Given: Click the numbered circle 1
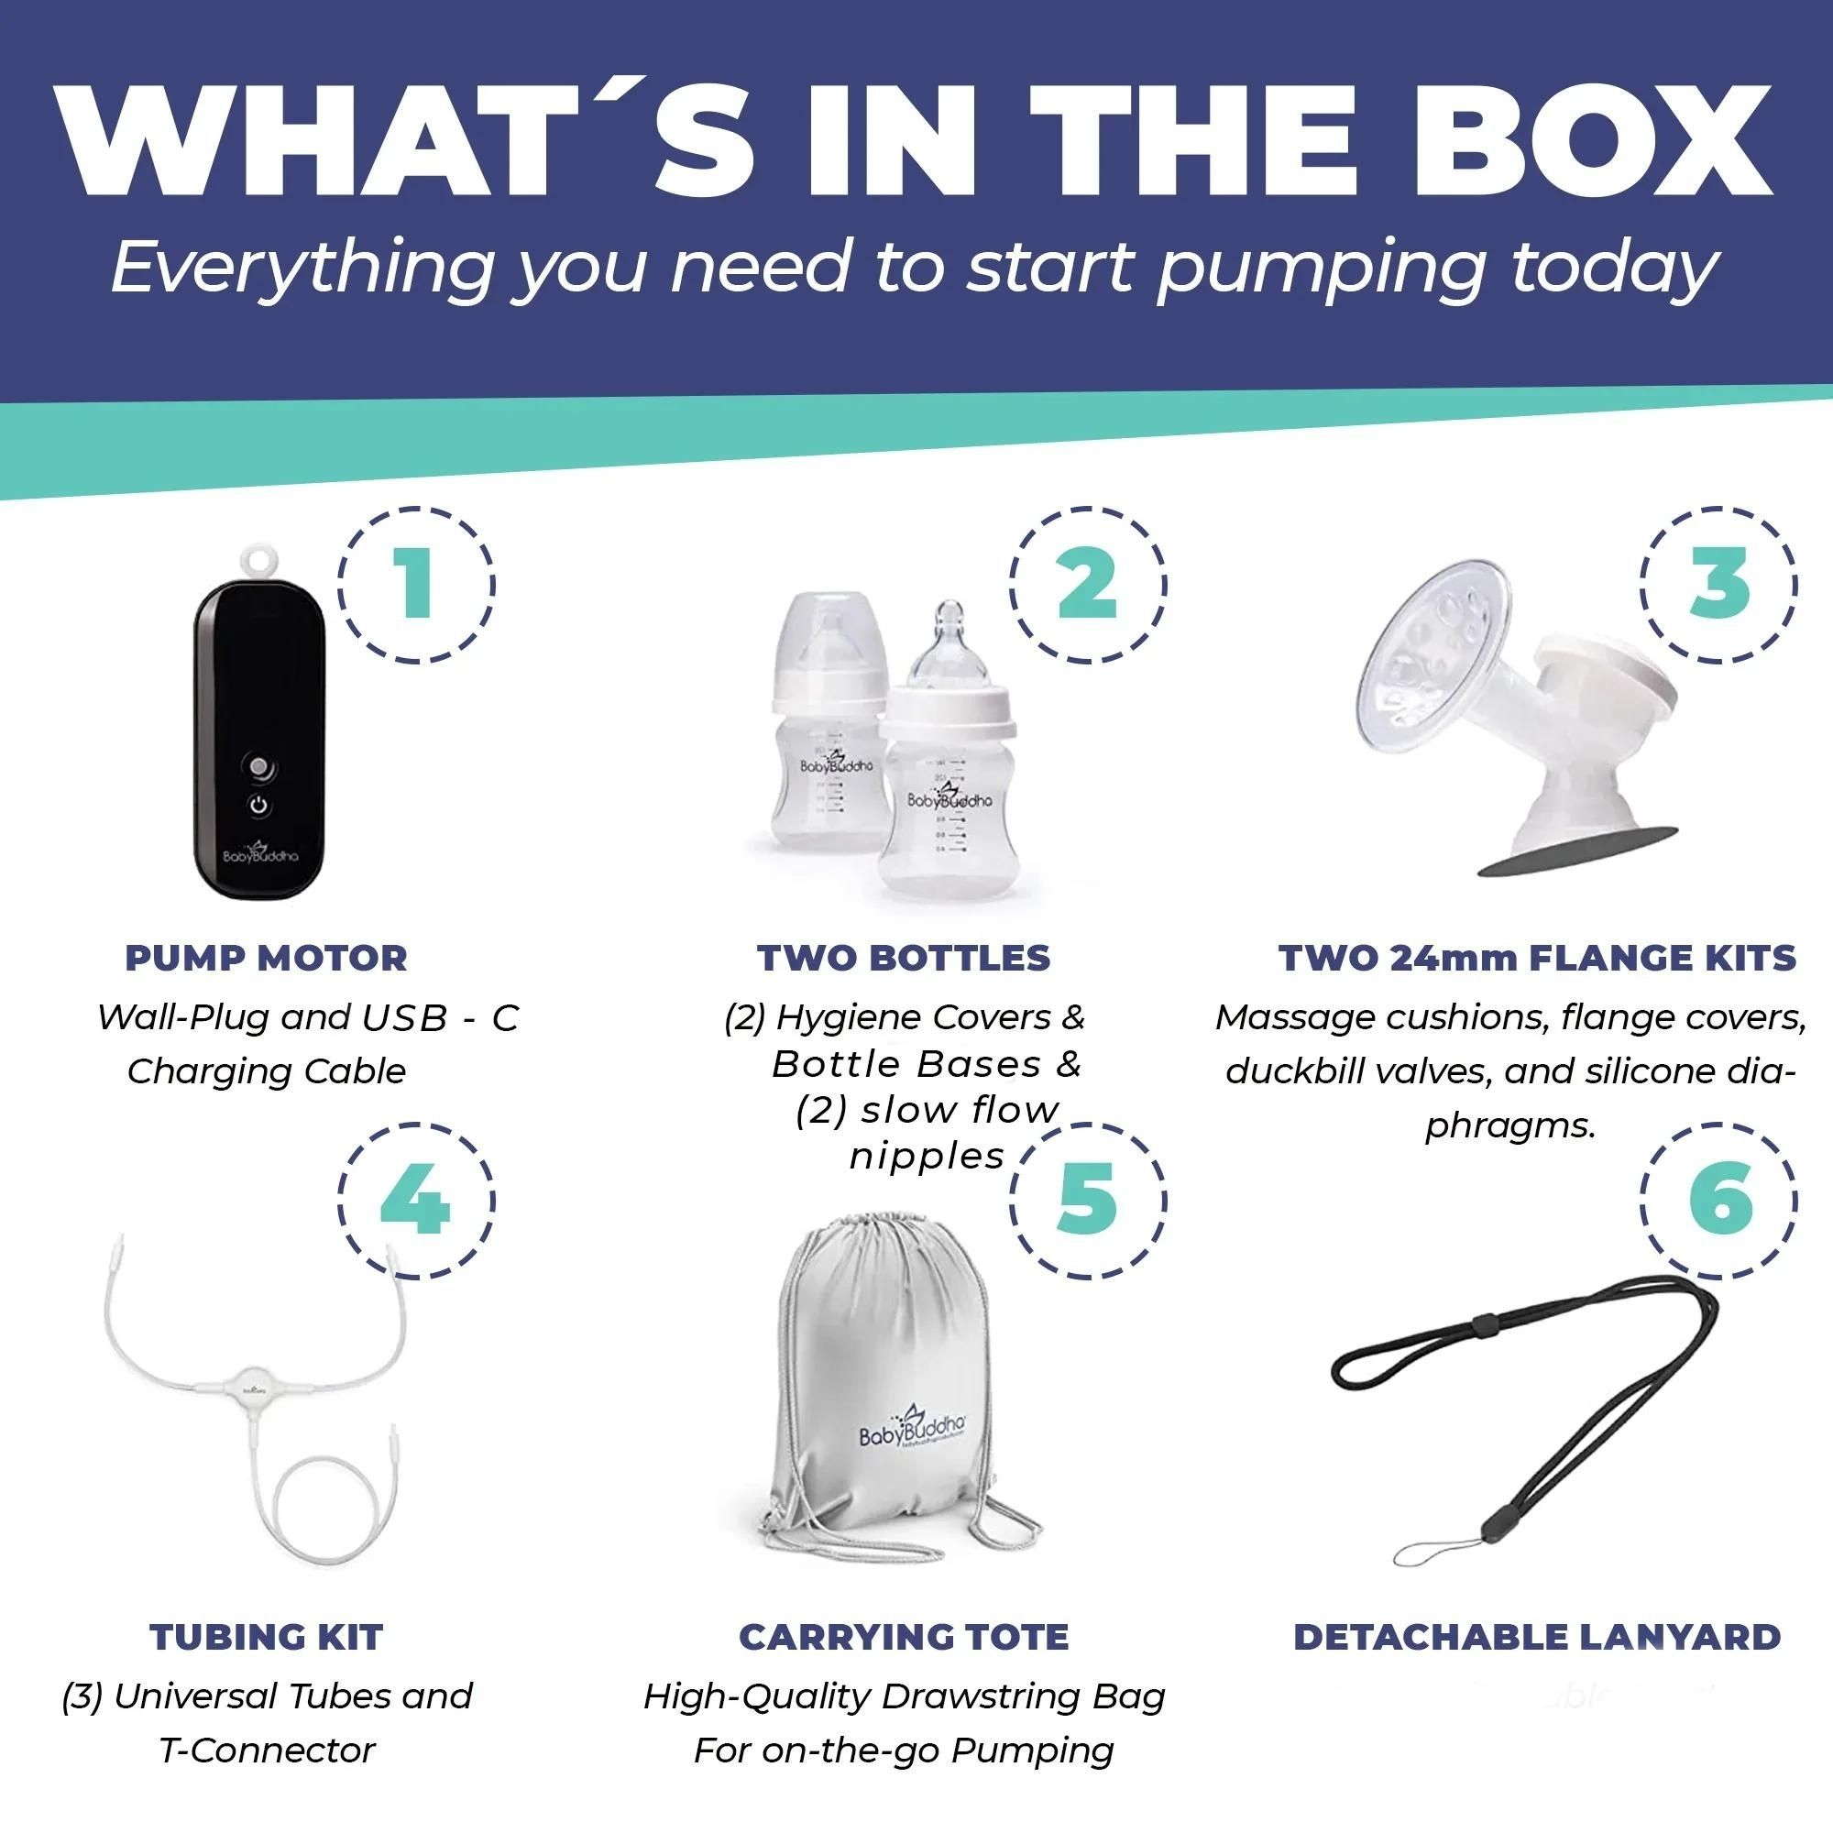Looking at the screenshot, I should (x=415, y=585).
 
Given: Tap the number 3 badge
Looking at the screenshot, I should (x=1718, y=585).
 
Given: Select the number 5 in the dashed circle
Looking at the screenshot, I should (x=1087, y=1201).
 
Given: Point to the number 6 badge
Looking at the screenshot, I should (x=1718, y=1201).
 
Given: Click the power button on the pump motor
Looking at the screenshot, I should (x=259, y=807).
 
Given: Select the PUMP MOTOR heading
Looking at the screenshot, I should (x=266, y=959).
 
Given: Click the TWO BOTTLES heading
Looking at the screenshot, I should (x=904, y=959).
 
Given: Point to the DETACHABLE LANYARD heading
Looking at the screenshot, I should (x=1536, y=1636).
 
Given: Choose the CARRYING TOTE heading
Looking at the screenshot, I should (x=904, y=1636).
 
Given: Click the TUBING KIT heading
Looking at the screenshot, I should (x=266, y=1636).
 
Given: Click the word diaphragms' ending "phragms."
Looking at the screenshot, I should (x=1509, y=1126).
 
